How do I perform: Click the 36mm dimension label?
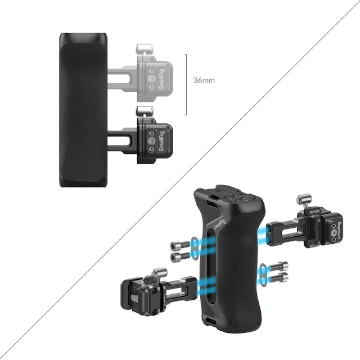(x=204, y=81)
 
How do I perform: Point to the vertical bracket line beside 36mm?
(x=185, y=85)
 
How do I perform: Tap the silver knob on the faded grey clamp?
(x=144, y=48)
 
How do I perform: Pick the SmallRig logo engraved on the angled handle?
(x=220, y=224)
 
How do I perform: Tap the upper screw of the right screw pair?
(x=279, y=266)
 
